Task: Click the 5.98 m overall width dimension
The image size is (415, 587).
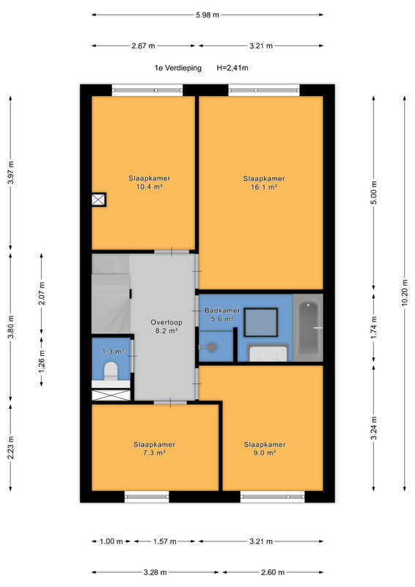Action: coord(207,15)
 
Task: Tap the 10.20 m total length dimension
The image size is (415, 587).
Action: coord(405,293)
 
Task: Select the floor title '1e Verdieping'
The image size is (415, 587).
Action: coord(177,68)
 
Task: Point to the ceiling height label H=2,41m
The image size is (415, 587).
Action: coord(232,68)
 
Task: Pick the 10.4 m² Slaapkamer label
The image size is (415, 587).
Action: coord(150,182)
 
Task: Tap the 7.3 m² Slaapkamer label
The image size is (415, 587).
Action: coord(154,448)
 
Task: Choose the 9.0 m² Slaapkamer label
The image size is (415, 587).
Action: coord(265,448)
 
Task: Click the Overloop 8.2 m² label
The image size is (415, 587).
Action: coord(166,326)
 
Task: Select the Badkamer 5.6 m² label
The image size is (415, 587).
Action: coord(222,315)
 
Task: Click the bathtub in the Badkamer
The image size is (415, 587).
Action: coord(309,328)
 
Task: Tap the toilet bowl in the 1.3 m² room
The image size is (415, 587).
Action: coord(111,371)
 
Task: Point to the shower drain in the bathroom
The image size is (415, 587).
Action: coord(212,347)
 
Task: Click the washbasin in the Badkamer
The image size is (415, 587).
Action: coord(268,353)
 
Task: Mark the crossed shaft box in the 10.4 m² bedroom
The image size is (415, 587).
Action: coord(99,200)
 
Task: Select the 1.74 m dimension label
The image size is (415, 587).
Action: coord(374,327)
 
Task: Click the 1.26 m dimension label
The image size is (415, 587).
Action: coord(42,361)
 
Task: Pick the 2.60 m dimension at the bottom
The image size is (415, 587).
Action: coord(273,572)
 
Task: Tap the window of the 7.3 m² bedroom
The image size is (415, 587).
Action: coord(147,497)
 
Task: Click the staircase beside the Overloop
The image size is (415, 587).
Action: coord(111,294)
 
